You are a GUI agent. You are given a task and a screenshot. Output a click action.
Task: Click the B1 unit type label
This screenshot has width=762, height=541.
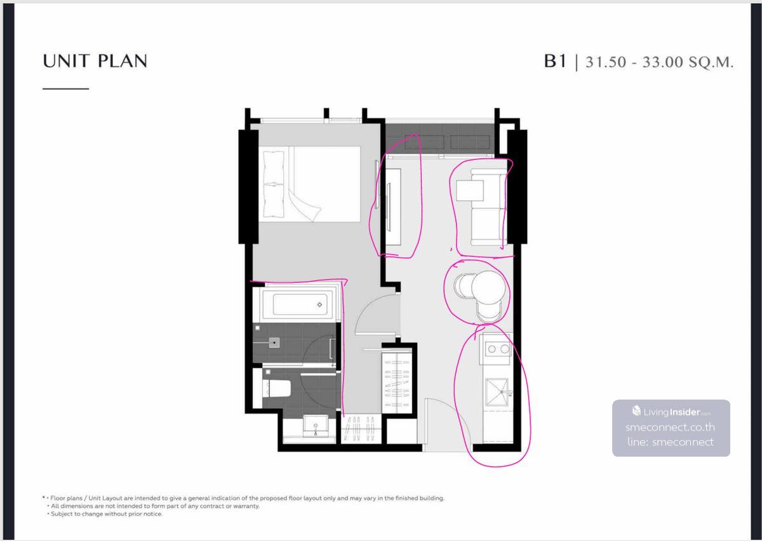click(x=555, y=61)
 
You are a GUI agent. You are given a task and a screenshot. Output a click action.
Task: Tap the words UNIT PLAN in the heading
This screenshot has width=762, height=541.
click(x=95, y=61)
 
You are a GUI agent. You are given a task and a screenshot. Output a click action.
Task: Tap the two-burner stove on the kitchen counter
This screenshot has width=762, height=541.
click(x=498, y=349)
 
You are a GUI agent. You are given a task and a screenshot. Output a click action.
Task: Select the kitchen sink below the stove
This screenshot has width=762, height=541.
click(x=497, y=392)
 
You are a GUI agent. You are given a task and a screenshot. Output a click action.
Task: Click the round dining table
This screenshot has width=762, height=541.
click(x=488, y=288)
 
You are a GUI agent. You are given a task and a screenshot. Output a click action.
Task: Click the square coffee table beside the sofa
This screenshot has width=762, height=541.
click(x=470, y=190)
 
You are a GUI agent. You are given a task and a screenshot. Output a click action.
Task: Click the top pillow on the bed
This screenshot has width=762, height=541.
click(x=274, y=167)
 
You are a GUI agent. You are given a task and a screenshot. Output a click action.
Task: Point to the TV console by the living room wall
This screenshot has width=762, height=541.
click(x=393, y=207)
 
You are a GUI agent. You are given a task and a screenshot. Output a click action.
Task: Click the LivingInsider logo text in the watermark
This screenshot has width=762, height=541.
click(x=671, y=412)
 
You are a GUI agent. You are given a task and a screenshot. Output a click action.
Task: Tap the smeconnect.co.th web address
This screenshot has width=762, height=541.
click(x=670, y=427)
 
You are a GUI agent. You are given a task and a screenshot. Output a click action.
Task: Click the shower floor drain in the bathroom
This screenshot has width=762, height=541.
click(x=274, y=342)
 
